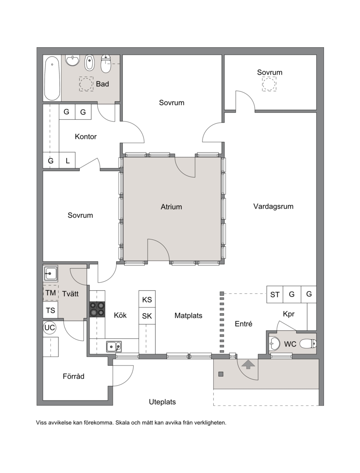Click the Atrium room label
171,207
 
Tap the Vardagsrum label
273,207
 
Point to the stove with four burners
97,310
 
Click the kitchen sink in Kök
114,347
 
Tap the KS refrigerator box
147,300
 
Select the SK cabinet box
147,316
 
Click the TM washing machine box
51,293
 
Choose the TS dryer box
50,310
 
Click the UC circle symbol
49,328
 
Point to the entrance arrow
248,365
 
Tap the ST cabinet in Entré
274,294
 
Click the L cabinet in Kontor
67,161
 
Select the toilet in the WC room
308,343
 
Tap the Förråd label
73,377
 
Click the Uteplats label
162,402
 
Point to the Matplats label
189,316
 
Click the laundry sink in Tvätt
51,274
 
